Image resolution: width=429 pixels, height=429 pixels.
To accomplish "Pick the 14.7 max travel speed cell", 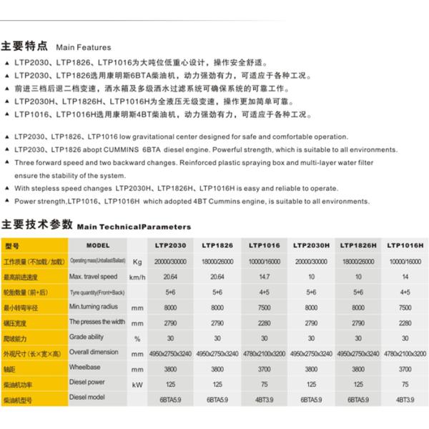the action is coord(265,276).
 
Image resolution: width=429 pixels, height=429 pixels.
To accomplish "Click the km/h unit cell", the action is coord(137,276).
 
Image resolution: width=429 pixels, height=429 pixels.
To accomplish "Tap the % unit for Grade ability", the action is coord(137,337).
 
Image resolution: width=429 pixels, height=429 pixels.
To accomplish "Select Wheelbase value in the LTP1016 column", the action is coord(265,368).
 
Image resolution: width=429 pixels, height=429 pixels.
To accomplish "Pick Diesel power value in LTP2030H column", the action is coord(312,383).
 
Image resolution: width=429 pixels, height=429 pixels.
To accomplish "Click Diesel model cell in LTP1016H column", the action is coord(405,399).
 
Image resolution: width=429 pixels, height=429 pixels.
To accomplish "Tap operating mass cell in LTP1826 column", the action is coord(218,262).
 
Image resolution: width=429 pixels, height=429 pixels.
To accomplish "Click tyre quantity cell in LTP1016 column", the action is coord(265,292).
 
